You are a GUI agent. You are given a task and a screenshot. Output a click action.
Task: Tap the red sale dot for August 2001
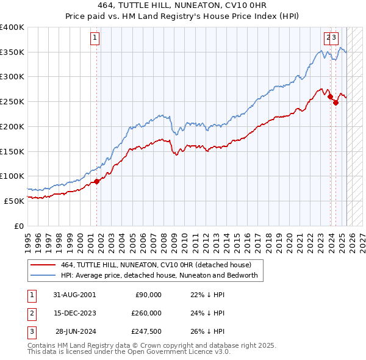pyautogui.click(x=96, y=181)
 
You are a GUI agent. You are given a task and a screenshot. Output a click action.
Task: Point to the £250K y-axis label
pyautogui.click(x=13, y=101)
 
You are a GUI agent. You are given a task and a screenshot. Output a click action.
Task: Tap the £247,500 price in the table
pyautogui.click(x=147, y=331)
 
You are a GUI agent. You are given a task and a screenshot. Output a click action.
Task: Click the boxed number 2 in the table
pyautogui.click(x=31, y=313)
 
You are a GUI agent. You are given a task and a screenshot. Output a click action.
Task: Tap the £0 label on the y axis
pyautogui.click(x=20, y=225)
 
